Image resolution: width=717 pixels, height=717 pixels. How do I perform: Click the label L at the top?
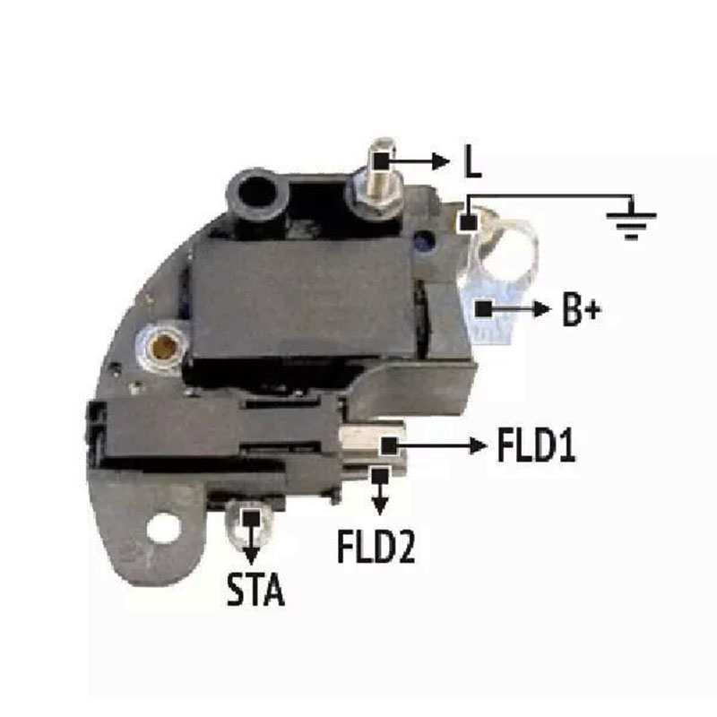472,161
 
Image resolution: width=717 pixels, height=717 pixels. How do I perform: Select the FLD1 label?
536,445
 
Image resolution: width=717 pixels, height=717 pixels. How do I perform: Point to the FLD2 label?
376,546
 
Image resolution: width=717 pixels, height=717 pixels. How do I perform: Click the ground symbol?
632,220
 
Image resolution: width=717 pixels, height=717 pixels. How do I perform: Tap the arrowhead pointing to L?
442,161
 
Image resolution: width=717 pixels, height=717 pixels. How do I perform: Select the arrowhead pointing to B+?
542,309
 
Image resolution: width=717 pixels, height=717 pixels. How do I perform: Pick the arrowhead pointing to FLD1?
478,445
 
